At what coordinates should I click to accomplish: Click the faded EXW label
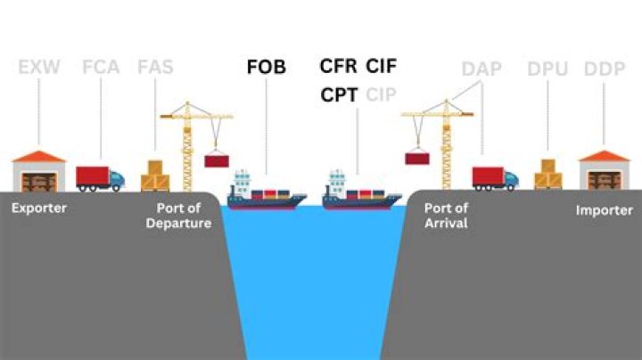[39, 67]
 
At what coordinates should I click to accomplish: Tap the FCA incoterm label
[101, 67]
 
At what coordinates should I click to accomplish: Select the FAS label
[155, 67]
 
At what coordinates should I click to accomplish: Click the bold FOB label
[266, 67]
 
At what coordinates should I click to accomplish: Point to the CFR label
[338, 66]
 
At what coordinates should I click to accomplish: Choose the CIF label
[382, 66]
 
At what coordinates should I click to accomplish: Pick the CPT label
[339, 95]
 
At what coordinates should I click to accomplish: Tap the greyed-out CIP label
[382, 95]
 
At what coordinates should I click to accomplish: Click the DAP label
[481, 69]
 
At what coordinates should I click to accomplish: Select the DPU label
[547, 69]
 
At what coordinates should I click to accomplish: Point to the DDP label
[605, 69]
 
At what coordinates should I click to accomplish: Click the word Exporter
[39, 208]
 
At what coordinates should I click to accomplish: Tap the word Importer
[605, 210]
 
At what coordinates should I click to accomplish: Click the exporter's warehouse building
[39, 171]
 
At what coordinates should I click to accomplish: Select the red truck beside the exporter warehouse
[100, 179]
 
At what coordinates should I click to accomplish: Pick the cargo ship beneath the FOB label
[267, 190]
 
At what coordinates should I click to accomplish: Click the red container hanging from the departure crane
[217, 160]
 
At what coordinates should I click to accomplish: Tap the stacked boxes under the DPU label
[548, 175]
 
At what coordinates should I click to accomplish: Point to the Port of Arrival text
[446, 216]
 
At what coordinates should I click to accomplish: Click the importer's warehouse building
[604, 170]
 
